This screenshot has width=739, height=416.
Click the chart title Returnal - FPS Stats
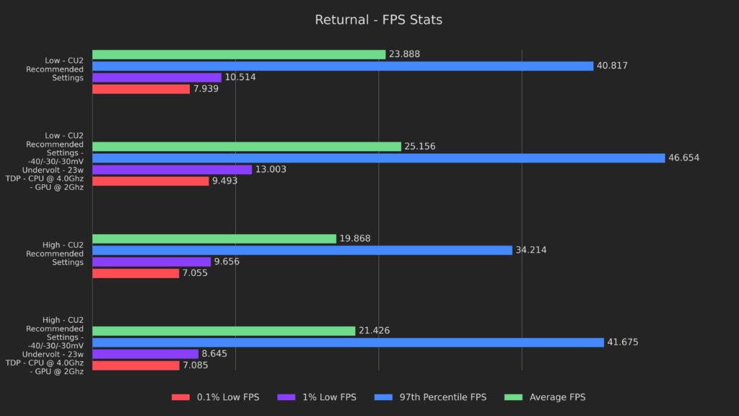coord(378,20)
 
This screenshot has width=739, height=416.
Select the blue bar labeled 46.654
coord(378,158)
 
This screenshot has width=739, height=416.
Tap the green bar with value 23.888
coord(239,54)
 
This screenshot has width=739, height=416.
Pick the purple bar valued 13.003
coord(172,170)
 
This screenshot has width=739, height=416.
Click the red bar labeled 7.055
coord(136,273)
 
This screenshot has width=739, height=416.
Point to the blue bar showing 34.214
coord(302,250)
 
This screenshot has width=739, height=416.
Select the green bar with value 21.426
coord(224,331)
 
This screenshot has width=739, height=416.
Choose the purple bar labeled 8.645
coord(145,354)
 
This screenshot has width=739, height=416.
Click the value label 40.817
coord(612,66)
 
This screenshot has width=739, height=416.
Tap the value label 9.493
coord(224,181)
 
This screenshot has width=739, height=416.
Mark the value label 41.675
coord(623,342)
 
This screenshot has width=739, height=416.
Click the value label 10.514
coord(240,77)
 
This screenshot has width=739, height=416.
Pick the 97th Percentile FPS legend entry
coord(433,397)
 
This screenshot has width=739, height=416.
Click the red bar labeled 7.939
coord(141,89)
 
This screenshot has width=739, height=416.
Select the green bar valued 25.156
coord(246,147)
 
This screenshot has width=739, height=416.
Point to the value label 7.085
coord(195,365)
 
